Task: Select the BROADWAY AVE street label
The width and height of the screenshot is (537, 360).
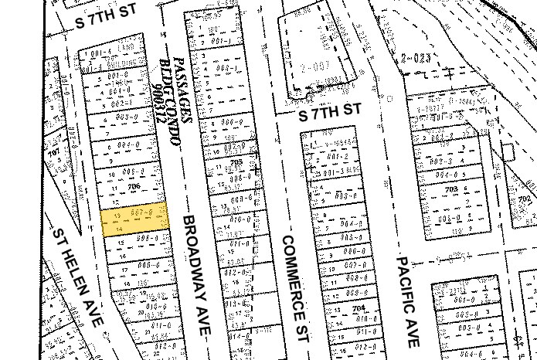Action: [x=195, y=275]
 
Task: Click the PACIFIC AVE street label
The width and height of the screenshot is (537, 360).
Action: [x=406, y=301]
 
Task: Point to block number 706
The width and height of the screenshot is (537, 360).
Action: [x=133, y=185]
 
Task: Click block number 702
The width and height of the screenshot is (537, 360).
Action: [x=525, y=199]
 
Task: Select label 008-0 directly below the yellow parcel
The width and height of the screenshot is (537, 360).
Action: [x=147, y=238]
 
